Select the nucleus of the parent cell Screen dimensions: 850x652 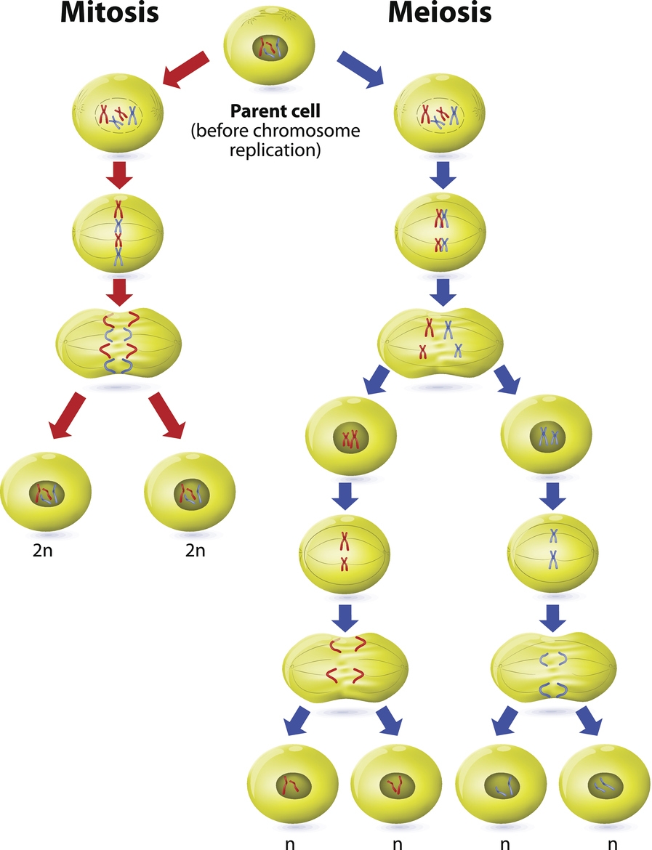pyautogui.click(x=270, y=50)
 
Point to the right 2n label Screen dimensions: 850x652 pyautogui.click(x=194, y=550)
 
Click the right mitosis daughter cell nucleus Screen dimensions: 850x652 pyautogui.click(x=190, y=495)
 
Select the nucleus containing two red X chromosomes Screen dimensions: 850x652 pyautogui.click(x=352, y=438)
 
